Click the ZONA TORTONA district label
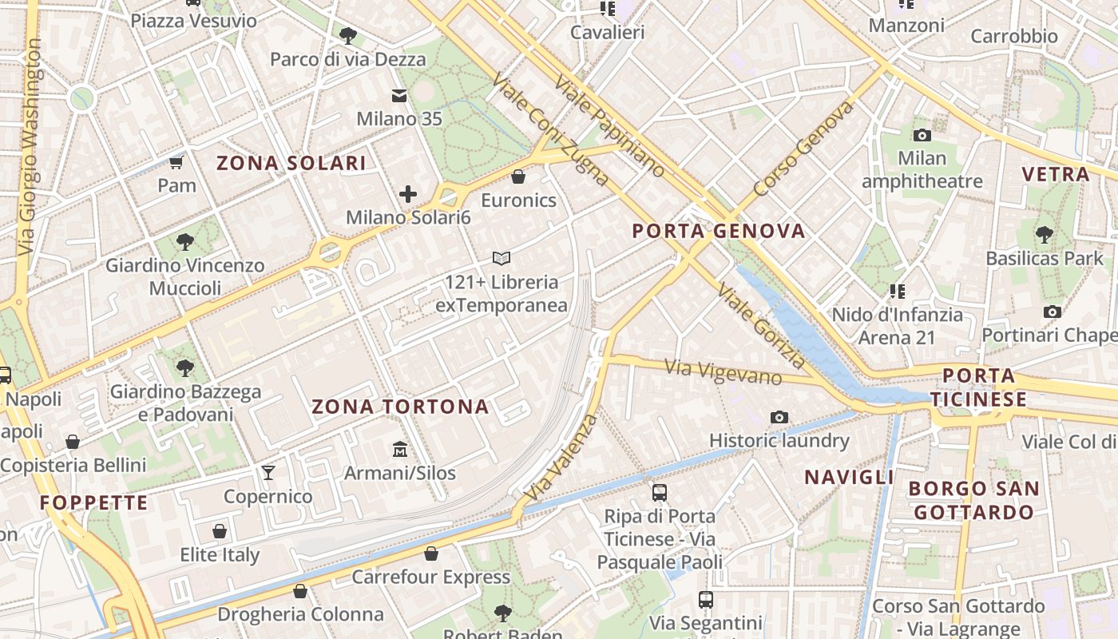[400, 407]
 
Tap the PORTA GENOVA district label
[719, 232]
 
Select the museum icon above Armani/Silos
[400, 450]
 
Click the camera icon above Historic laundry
[779, 417]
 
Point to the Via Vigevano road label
[725, 372]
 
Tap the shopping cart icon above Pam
[176, 163]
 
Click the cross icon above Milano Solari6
[408, 194]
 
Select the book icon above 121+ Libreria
[502, 258]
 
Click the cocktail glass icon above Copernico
[268, 473]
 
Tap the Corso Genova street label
[803, 150]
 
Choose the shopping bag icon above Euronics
[518, 177]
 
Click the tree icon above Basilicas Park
[1044, 235]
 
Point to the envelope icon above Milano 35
[399, 97]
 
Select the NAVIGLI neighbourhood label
[849, 478]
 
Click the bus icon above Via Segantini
[706, 599]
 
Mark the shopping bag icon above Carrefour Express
[431, 554]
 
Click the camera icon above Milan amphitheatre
[922, 135]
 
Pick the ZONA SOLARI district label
[291, 164]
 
